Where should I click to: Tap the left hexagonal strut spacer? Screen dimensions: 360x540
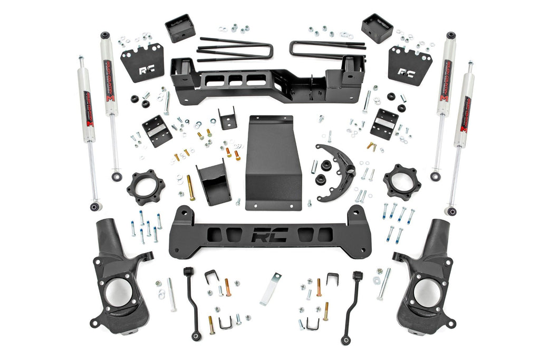pos(146,187)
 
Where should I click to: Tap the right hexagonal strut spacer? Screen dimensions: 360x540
pos(402,182)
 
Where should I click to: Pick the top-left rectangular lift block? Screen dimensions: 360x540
pos(180,28)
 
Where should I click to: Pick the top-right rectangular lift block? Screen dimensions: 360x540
pos(377,27)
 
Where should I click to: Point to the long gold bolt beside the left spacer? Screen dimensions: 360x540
pos(190,188)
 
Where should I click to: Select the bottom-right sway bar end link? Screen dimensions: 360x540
pos(352,306)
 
